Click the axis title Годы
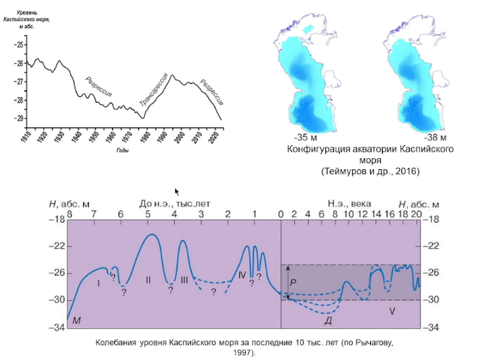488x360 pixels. pos(121,151)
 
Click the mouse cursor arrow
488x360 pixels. pos(177,192)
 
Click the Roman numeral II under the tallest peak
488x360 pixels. pos(147,279)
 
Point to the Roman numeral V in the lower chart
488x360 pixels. pos(391,312)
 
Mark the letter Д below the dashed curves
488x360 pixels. pos(328,320)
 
